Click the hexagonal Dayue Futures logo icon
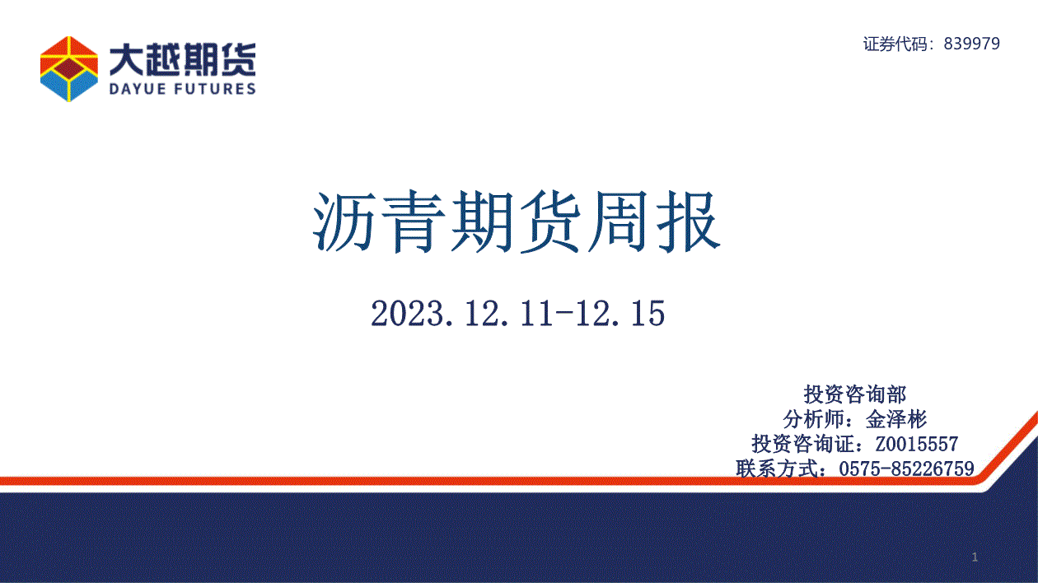point(69,69)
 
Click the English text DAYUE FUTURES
point(183,89)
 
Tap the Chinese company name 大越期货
point(183,60)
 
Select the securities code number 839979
point(972,44)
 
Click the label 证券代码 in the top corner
point(895,44)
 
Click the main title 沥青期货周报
point(517,222)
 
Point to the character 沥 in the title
point(344,222)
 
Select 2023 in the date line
point(406,314)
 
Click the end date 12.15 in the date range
point(620,314)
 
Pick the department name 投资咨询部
point(855,394)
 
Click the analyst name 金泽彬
point(896,419)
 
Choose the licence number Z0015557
point(917,444)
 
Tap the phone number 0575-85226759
point(906,469)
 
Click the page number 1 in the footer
point(975,557)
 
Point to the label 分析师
point(814,419)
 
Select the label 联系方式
point(777,469)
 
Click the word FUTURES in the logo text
point(216,89)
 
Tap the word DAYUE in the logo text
point(138,89)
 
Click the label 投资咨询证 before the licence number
point(803,444)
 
